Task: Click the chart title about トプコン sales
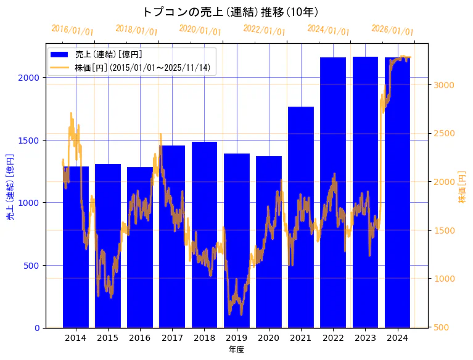(230, 12)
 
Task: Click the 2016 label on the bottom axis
(140, 338)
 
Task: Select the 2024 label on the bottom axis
(397, 338)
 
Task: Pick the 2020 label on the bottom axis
(268, 338)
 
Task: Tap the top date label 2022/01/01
(264, 29)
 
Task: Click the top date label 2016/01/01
(72, 29)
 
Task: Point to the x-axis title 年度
(236, 350)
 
